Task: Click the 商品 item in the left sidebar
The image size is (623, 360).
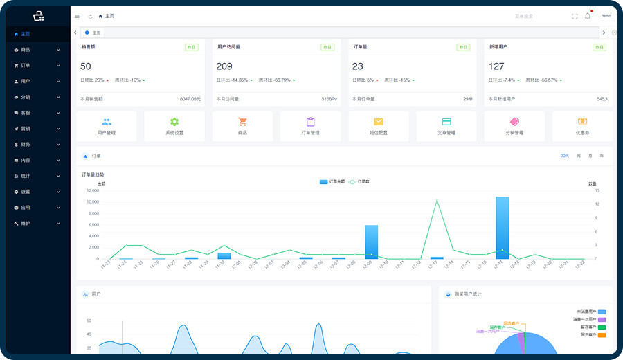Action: pyautogui.click(x=26, y=50)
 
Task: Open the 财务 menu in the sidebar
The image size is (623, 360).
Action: pyautogui.click(x=26, y=145)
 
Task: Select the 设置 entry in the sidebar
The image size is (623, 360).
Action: pyautogui.click(x=26, y=192)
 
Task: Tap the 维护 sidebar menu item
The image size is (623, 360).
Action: pyautogui.click(x=26, y=224)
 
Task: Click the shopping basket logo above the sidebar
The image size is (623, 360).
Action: pyautogui.click(x=38, y=15)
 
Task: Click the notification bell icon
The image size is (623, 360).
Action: pyautogui.click(x=588, y=16)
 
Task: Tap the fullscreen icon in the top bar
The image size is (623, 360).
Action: pyautogui.click(x=575, y=16)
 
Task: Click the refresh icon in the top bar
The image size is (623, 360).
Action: pyautogui.click(x=90, y=16)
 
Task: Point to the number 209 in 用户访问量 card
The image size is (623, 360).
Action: pyautogui.click(x=224, y=66)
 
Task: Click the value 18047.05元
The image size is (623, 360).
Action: pyautogui.click(x=189, y=99)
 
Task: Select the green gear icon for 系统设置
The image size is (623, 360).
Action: pyautogui.click(x=174, y=122)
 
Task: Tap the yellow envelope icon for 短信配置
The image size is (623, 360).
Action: pyautogui.click(x=379, y=122)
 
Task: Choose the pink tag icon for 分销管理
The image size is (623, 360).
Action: pyautogui.click(x=514, y=122)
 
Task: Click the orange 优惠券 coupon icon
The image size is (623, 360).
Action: pyautogui.click(x=582, y=122)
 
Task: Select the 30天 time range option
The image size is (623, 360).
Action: pyautogui.click(x=565, y=156)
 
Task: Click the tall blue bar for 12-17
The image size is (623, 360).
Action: pyautogui.click(x=503, y=228)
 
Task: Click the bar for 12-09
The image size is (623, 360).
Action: pyautogui.click(x=372, y=242)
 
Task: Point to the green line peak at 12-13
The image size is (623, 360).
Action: pyautogui.click(x=437, y=200)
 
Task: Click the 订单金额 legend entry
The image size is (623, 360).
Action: pyautogui.click(x=333, y=181)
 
